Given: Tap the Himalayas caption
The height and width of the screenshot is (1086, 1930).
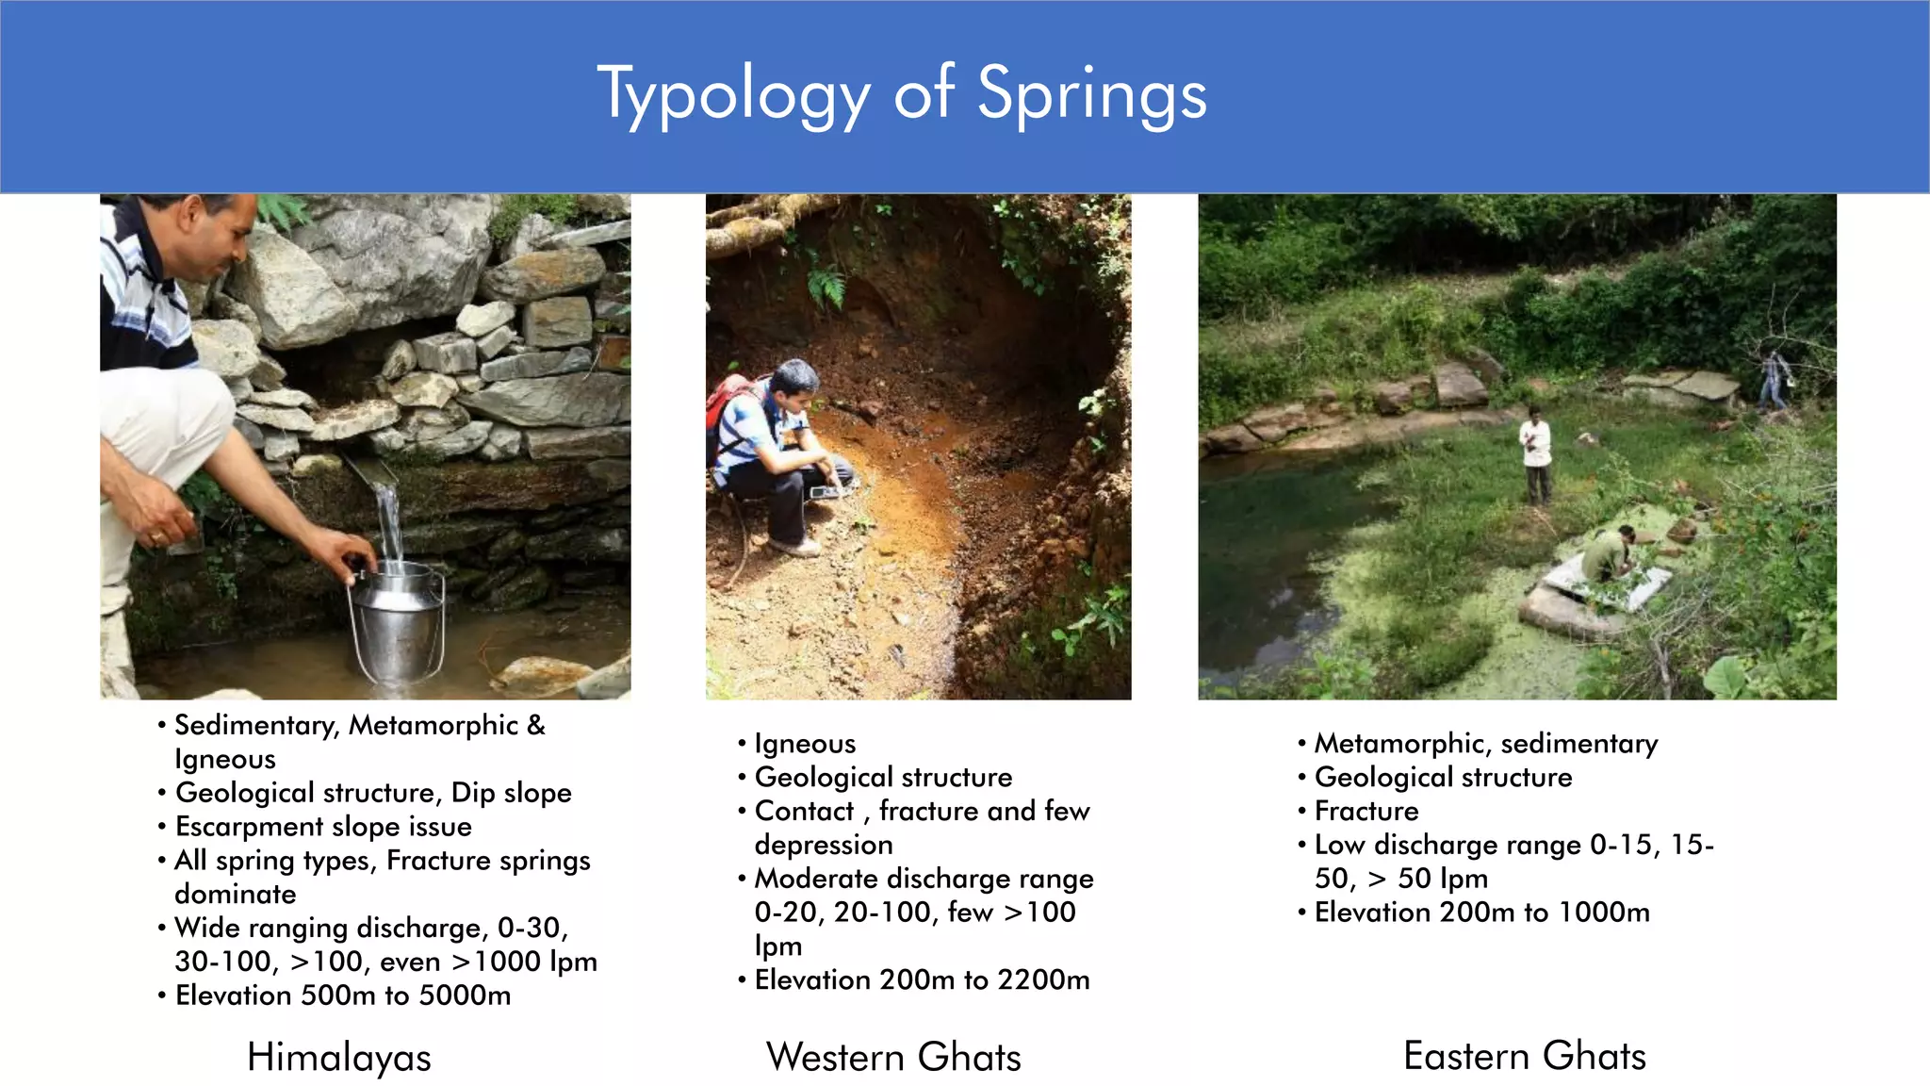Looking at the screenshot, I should (x=338, y=1057).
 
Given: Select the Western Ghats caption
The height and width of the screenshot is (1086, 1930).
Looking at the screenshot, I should (x=893, y=1057).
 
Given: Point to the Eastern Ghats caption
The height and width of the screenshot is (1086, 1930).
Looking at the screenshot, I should (x=1524, y=1056).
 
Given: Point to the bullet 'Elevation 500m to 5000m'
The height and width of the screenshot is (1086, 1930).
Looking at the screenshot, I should (x=343, y=995).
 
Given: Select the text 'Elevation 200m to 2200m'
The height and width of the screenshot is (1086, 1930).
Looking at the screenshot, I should (x=922, y=980).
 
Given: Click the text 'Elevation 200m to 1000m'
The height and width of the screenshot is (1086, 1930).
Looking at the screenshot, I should (x=1481, y=913).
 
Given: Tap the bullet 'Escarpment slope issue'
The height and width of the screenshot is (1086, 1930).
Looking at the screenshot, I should (x=323, y=827).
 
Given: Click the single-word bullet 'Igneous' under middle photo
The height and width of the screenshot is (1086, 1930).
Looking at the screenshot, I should (x=805, y=744).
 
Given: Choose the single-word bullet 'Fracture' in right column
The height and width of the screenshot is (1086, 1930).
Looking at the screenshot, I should (x=1366, y=812).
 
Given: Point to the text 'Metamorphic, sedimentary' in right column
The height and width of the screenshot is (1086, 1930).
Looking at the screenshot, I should (x=1485, y=744).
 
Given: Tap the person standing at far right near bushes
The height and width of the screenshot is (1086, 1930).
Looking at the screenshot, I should (x=1775, y=379).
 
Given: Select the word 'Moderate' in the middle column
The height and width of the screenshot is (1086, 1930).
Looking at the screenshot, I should (x=816, y=879).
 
